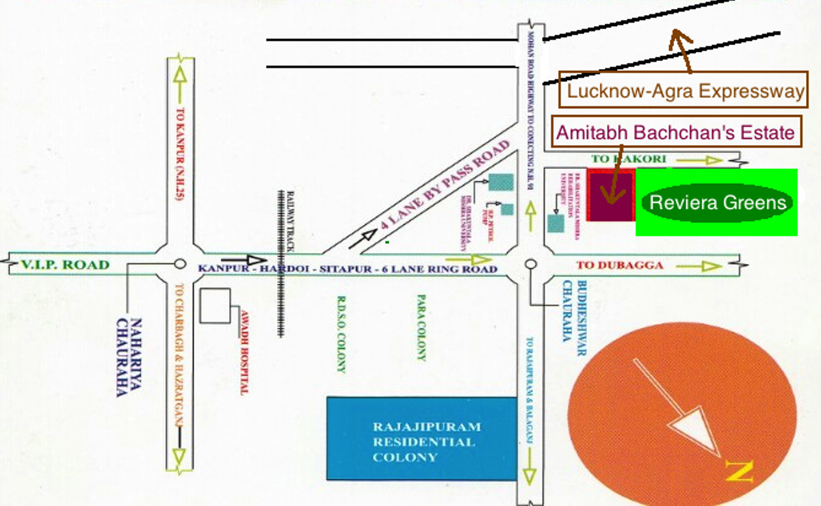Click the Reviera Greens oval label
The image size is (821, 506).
pyautogui.click(x=718, y=202)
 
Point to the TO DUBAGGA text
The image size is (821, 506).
pyautogui.click(x=620, y=265)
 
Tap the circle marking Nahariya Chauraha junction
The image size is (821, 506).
pyautogui.click(x=180, y=264)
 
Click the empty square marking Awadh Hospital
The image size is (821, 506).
pyautogui.click(x=215, y=306)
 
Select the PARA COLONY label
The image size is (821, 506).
pyautogui.click(x=421, y=328)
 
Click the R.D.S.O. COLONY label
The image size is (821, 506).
pyautogui.click(x=341, y=334)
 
